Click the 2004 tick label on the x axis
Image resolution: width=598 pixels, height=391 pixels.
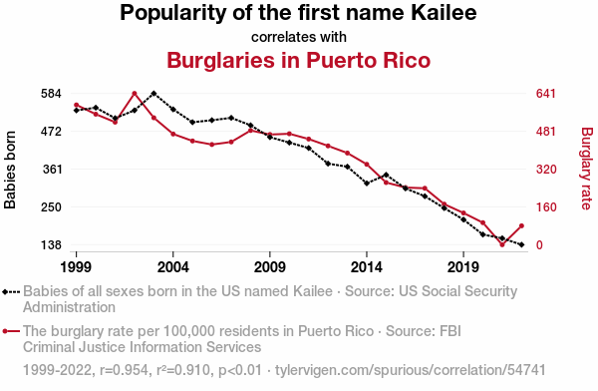tap(172, 267)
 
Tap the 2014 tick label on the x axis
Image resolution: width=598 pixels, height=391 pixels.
tap(366, 267)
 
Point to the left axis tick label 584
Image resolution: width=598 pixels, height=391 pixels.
tap(51, 94)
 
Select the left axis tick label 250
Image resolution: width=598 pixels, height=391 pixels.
tap(51, 206)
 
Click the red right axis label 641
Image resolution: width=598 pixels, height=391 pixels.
tap(546, 94)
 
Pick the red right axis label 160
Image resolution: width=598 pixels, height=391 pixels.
tap(546, 206)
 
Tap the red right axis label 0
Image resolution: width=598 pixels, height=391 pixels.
tap(539, 244)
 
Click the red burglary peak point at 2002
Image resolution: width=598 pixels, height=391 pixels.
tap(135, 94)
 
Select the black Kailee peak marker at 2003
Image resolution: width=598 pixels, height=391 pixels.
tap(153, 93)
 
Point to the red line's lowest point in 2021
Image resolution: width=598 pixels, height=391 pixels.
tap(502, 244)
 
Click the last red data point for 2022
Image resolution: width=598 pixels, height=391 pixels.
tap(521, 226)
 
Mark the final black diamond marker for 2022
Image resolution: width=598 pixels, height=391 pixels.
tap(521, 244)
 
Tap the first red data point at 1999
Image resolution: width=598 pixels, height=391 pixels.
tap(77, 105)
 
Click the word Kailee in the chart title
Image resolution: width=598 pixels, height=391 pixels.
tap(444, 12)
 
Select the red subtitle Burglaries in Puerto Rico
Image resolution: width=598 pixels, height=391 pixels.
tap(299, 60)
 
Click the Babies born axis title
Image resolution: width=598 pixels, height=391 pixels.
tap(10, 170)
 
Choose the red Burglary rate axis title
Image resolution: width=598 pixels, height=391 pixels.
tap(587, 169)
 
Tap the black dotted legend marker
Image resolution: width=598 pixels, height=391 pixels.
tap(11, 292)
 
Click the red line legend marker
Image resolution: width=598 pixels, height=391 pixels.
tap(11, 331)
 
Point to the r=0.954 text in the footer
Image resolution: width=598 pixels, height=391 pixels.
tap(124, 370)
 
